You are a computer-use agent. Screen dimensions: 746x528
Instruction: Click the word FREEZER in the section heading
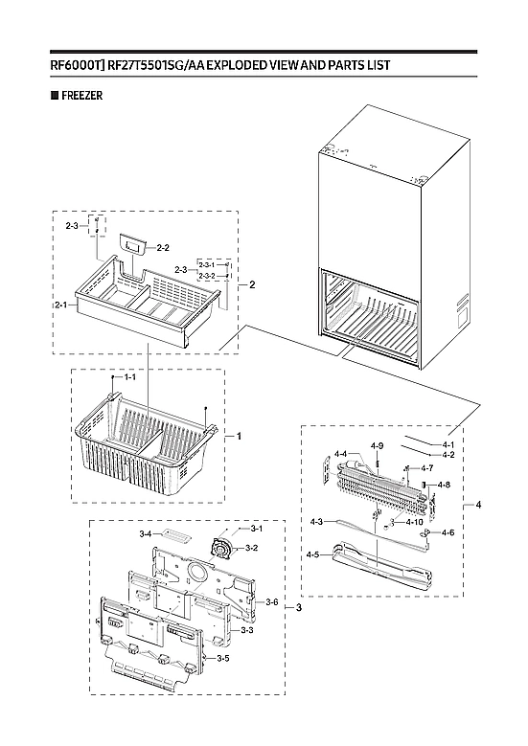80,96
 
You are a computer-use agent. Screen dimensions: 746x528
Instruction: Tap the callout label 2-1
60,305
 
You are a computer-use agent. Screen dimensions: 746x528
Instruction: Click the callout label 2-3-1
206,264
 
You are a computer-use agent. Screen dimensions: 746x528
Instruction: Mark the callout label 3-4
146,532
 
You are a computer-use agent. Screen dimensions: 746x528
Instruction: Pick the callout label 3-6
271,601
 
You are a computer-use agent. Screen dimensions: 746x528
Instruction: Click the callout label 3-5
221,659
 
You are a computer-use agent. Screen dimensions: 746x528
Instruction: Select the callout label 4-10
415,522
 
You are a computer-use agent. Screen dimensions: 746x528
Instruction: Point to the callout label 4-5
312,554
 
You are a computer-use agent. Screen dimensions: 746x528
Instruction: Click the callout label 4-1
448,444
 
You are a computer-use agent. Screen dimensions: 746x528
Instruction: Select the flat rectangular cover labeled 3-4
175,533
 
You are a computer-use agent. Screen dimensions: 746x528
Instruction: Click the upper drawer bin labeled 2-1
144,306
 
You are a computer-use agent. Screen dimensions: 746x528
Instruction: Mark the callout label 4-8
443,486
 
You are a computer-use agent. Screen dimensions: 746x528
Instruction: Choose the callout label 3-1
257,529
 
